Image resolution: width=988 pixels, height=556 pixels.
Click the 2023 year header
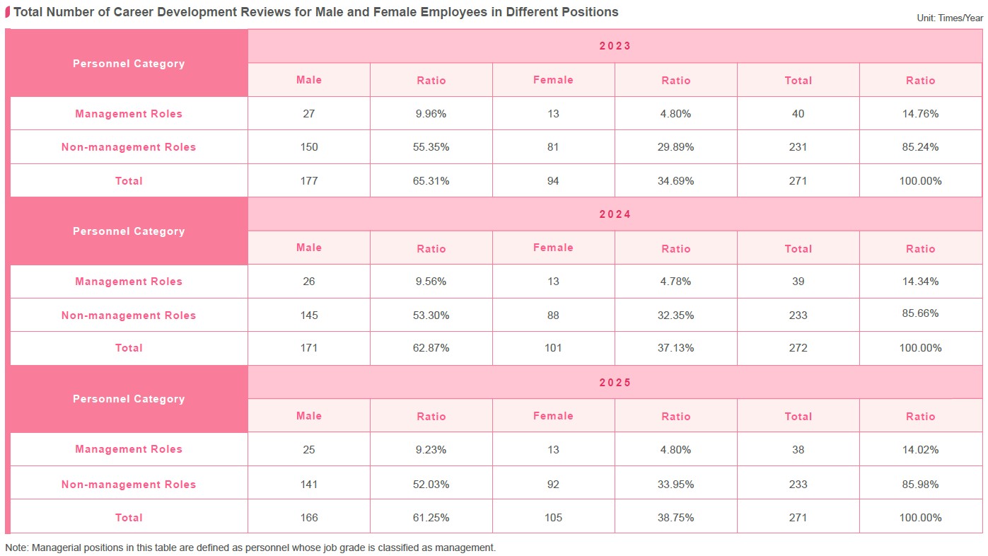point(615,46)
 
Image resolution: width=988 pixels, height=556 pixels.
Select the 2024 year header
point(615,214)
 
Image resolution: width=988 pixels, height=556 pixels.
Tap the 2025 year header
point(615,383)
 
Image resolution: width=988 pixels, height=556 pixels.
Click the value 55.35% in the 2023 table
point(431,147)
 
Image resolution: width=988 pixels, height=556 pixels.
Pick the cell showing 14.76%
point(920,114)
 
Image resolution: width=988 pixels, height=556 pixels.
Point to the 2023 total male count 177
point(309,181)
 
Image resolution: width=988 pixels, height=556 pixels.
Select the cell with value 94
point(553,181)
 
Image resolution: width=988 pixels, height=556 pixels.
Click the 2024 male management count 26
point(309,282)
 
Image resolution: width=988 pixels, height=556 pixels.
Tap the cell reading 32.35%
point(675,315)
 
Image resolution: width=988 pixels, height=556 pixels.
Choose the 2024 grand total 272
point(798,348)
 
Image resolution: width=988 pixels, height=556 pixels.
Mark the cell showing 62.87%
point(431,348)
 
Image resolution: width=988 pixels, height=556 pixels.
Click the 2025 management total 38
point(798,450)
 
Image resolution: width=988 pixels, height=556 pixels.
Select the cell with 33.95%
point(675,485)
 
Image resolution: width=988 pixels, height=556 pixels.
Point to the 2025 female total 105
point(553,518)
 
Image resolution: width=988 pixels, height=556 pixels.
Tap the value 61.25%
point(431,518)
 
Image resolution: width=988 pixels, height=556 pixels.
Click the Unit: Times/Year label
point(950,18)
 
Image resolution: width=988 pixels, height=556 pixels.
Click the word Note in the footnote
point(16,548)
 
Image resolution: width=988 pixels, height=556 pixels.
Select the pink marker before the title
point(8,12)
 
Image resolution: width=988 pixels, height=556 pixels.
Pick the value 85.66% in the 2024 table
point(920,313)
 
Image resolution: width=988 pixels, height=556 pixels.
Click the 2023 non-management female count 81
point(553,147)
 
